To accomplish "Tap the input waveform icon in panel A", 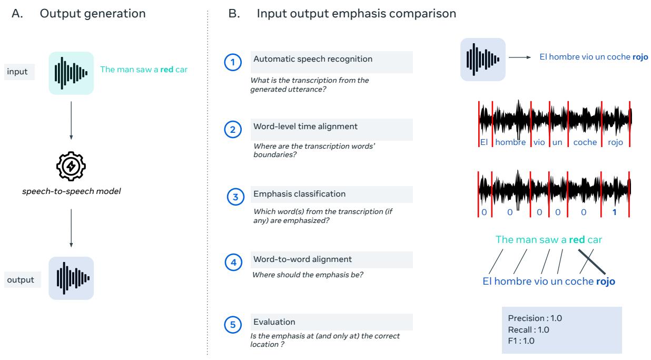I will pyautogui.click(x=71, y=73).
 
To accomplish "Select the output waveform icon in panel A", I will pyautogui.click(x=71, y=278).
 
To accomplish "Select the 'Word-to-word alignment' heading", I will pyautogui.click(x=303, y=259).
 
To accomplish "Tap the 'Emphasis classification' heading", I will pyautogui.click(x=299, y=193).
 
